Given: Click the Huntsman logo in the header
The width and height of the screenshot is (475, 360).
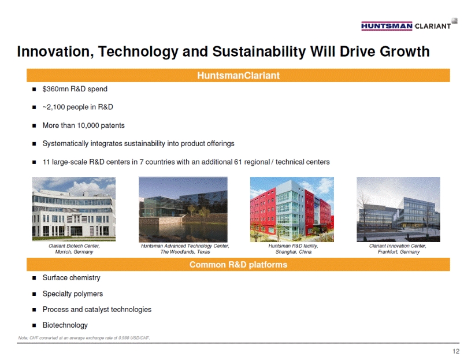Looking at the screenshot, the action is (x=387, y=26).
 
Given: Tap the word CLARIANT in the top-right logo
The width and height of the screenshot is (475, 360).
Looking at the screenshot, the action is (x=433, y=27).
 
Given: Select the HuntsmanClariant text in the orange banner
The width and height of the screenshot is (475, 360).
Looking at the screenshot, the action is (x=239, y=76).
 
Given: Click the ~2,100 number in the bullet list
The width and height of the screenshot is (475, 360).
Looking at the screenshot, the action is (x=54, y=107).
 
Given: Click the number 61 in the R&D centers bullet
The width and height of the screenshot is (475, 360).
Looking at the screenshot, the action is (x=238, y=162).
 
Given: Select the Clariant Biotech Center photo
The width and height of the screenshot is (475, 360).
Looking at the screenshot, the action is (x=74, y=209).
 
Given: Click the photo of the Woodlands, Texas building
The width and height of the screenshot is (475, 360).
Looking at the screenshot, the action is (x=183, y=209).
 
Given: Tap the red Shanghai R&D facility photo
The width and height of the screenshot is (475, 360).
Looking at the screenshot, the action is (x=292, y=209).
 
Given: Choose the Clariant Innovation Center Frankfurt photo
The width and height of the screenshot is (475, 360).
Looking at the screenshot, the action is (x=398, y=209).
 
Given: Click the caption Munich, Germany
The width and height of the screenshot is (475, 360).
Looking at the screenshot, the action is (x=74, y=252).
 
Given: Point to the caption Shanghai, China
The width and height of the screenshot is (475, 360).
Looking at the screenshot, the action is (x=293, y=252).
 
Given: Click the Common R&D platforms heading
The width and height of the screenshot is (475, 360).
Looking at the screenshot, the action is (x=239, y=265).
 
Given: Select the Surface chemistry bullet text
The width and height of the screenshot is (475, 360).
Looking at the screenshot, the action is (x=72, y=278).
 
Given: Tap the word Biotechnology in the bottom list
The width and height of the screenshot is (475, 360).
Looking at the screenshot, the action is (x=65, y=325).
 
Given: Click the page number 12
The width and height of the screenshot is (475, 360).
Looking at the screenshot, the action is (x=456, y=351).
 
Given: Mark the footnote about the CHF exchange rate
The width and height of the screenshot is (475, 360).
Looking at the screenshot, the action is (x=84, y=338).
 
